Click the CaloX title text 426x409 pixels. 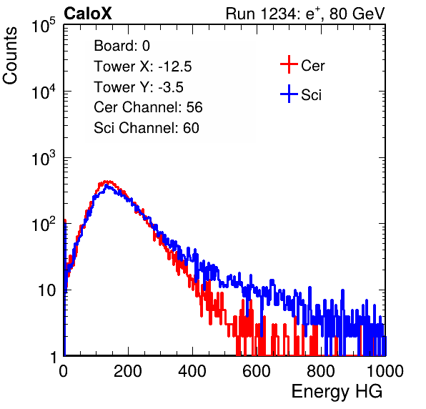point(88,14)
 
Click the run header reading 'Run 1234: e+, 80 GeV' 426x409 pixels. point(305,14)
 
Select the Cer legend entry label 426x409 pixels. point(312,66)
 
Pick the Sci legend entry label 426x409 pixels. point(311,95)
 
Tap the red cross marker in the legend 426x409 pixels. point(289,64)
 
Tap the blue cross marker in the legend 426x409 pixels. point(289,94)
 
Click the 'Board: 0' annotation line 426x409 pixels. point(122,46)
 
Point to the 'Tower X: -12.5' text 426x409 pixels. point(143,66)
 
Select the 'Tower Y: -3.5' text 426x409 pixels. point(139,87)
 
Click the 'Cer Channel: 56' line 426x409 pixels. point(148,107)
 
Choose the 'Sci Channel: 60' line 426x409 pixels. point(147,128)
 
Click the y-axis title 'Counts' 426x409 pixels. point(10,56)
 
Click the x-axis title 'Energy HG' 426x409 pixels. point(337,392)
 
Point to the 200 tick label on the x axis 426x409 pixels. point(128,371)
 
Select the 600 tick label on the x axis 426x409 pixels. point(257,371)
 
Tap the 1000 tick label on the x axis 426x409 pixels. point(385,371)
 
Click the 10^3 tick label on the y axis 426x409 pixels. point(44,158)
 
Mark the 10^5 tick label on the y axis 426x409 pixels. point(44,25)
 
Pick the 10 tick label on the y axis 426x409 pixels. point(46,290)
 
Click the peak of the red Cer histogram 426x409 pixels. point(108,182)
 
